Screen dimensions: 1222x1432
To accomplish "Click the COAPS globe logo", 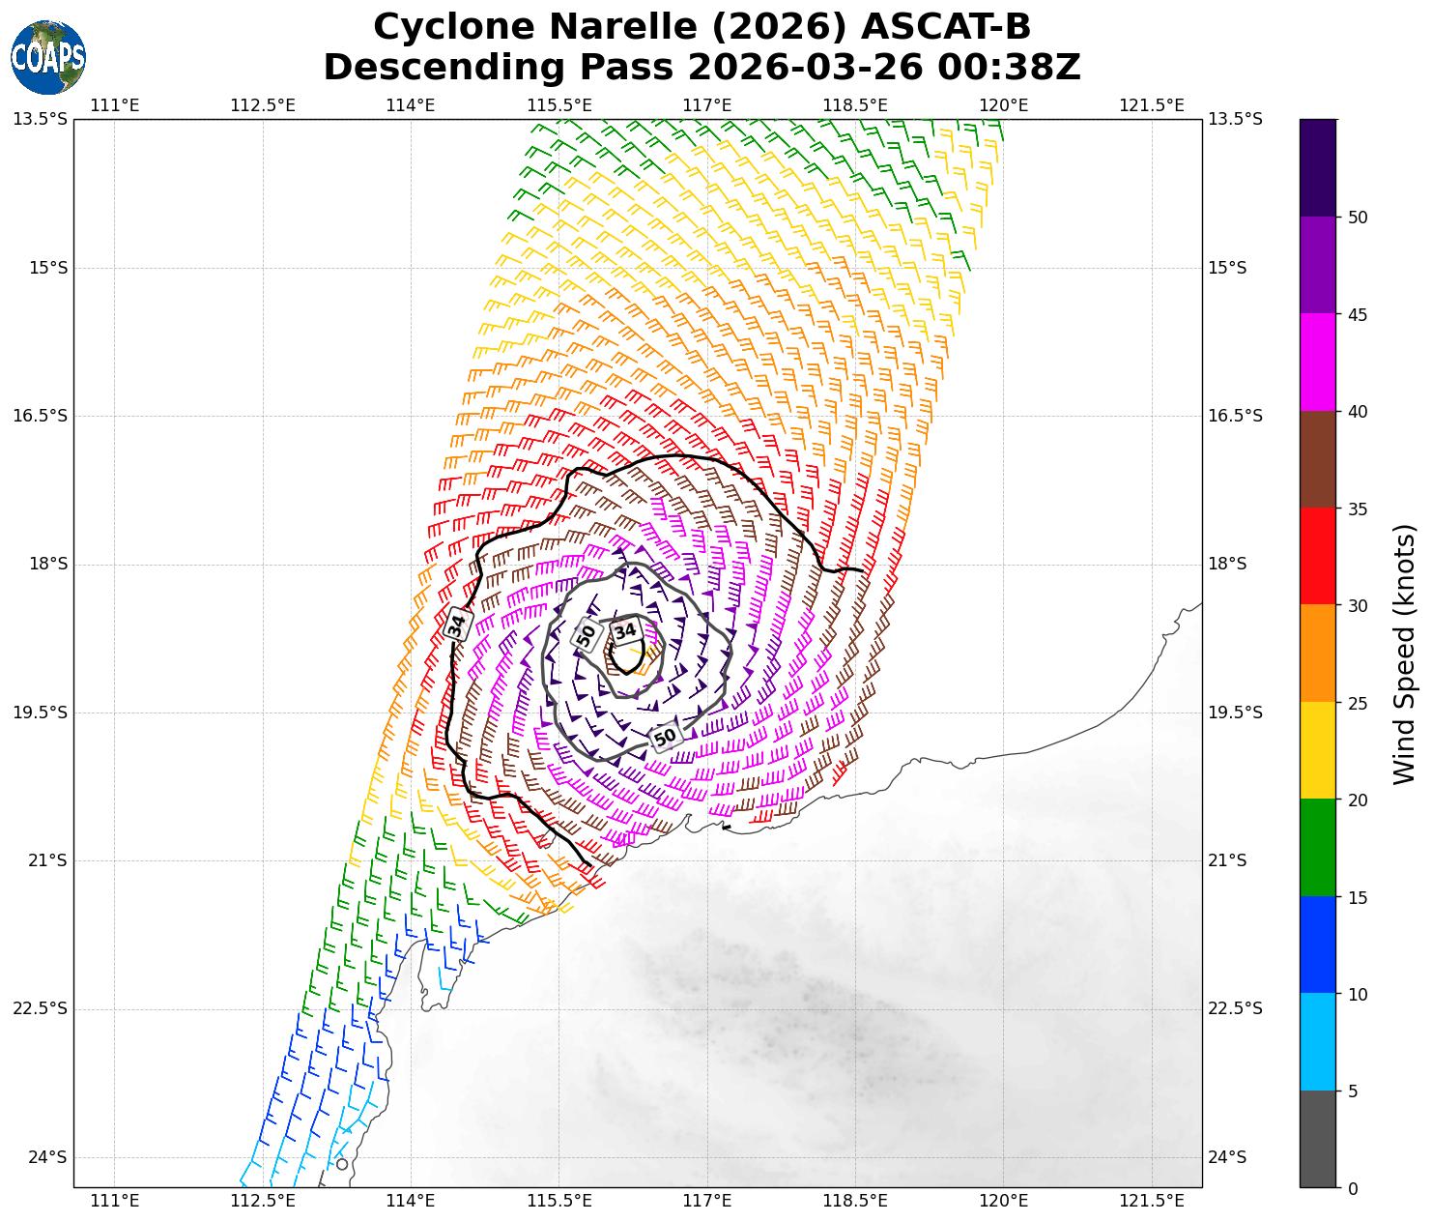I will tap(47, 57).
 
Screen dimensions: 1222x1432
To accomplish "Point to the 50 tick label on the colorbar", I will tap(1357, 218).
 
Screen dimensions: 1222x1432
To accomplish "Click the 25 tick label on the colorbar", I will tap(1357, 703).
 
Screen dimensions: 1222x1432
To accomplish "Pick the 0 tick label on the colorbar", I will tap(1352, 1188).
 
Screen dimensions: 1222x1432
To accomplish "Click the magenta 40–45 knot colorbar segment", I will tap(1317, 363).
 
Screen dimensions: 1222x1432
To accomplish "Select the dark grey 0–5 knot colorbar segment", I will tap(1317, 1139).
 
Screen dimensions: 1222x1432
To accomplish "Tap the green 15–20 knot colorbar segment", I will tap(1317, 847).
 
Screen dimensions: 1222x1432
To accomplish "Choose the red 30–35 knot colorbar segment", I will tap(1317, 556).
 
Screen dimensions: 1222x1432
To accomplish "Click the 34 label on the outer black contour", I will tap(457, 624).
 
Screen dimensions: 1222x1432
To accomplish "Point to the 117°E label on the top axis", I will tap(706, 104).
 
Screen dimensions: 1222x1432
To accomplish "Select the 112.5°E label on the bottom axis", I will tap(263, 1201).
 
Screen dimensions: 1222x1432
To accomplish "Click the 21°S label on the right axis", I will tap(1227, 860).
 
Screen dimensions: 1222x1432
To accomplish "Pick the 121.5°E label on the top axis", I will tap(1151, 104).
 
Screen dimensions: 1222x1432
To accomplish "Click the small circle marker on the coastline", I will tap(341, 1164).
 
